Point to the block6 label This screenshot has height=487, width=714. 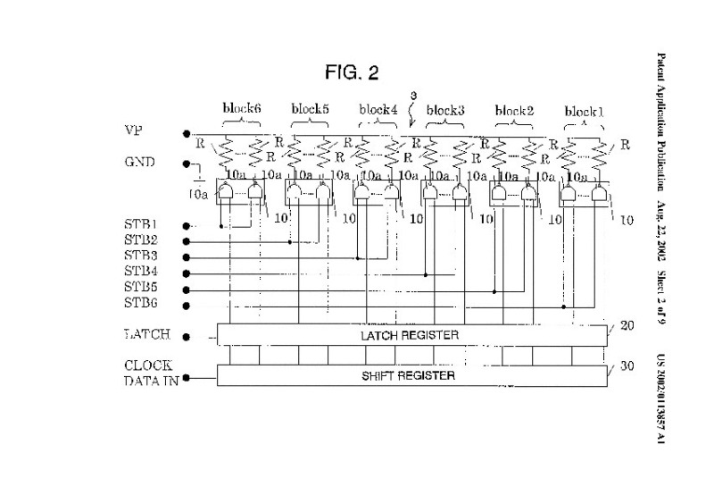point(242,109)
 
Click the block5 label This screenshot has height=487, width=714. point(310,109)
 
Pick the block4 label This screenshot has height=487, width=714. point(378,110)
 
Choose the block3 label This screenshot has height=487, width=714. point(445,110)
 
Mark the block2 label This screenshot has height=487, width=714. point(513,111)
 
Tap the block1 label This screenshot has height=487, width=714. point(584,112)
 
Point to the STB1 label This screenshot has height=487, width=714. point(140,224)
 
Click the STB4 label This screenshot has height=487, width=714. point(140,272)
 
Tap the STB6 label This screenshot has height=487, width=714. point(140,304)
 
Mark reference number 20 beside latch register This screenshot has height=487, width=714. point(627,326)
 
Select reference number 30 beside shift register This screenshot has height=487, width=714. point(627,366)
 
